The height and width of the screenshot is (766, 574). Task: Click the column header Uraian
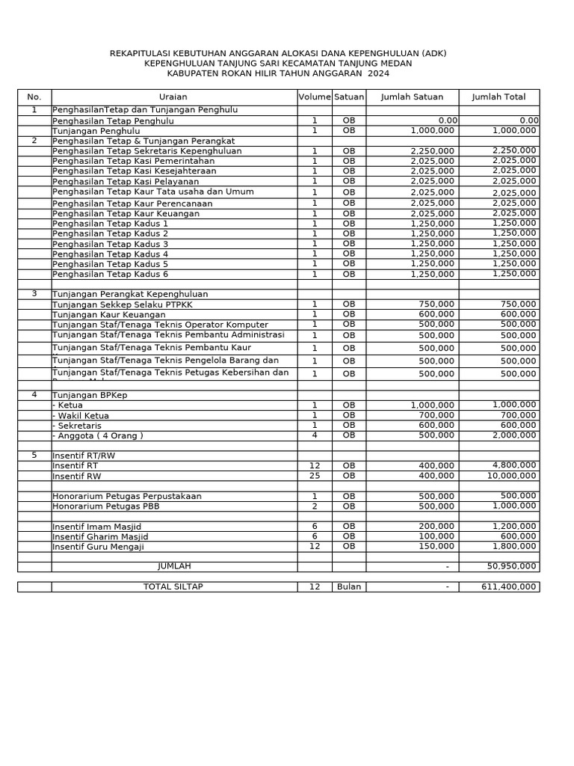[173, 97]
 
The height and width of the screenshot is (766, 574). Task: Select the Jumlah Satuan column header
[412, 97]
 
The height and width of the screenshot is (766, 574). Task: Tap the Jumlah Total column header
[499, 97]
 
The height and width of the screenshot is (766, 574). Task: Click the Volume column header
[315, 97]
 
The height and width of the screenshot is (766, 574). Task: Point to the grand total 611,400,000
[509, 587]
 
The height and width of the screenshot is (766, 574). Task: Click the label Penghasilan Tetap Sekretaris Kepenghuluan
[147, 151]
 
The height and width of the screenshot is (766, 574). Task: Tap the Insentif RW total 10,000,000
[509, 476]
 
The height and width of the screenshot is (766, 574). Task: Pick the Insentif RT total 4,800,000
[513, 465]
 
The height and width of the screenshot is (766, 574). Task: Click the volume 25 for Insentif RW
[315, 476]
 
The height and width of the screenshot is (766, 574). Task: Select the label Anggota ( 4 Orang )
[99, 435]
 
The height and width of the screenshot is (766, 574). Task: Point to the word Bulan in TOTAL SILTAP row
[349, 587]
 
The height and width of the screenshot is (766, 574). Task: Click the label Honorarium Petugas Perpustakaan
[127, 496]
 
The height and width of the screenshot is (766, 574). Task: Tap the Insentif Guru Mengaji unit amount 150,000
[436, 547]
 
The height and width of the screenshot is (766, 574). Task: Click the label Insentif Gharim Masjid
[100, 537]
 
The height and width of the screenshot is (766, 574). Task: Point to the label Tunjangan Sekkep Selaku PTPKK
[117, 304]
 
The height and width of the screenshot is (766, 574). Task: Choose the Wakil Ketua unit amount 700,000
[436, 415]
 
